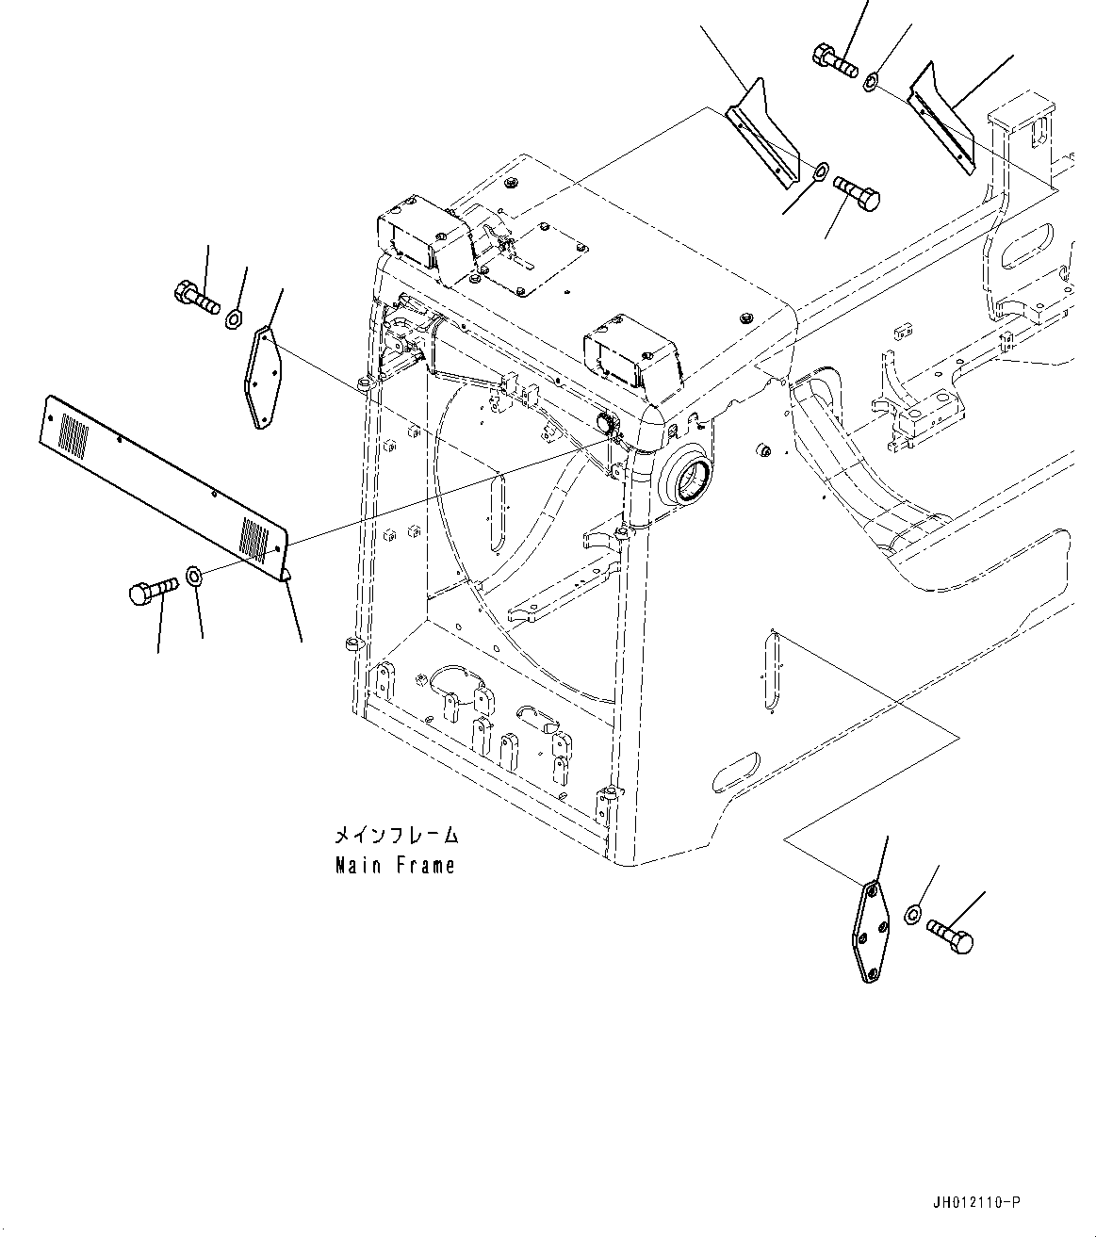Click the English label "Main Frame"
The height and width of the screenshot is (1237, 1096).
(x=395, y=865)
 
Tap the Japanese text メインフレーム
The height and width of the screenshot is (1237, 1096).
(x=395, y=835)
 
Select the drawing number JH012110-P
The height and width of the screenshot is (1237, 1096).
(x=974, y=1202)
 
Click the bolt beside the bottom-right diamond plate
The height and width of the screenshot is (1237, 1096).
(x=950, y=936)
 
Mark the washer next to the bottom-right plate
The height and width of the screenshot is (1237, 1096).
(x=912, y=913)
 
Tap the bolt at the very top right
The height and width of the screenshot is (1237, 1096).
(x=833, y=60)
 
